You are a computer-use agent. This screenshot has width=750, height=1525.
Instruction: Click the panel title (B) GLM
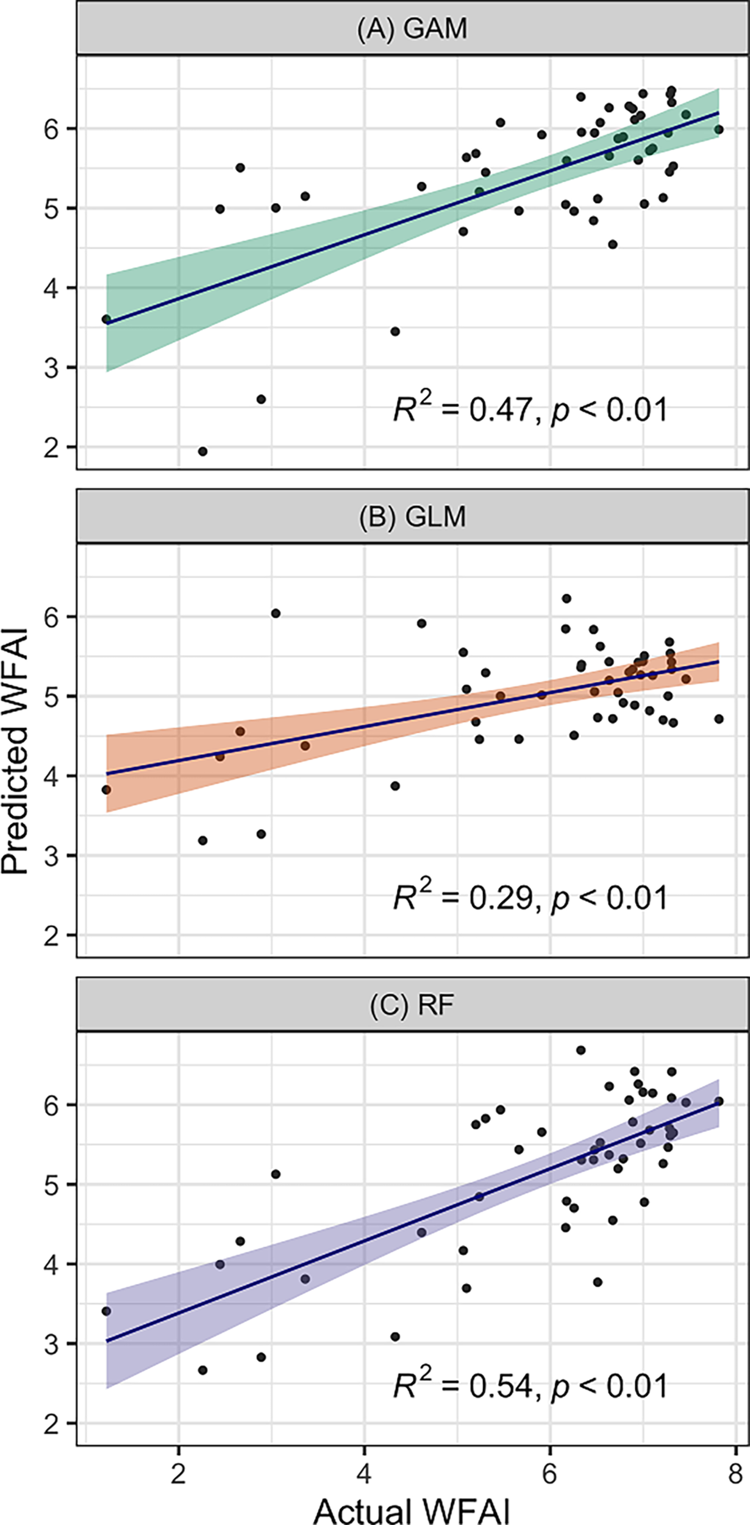(x=412, y=517)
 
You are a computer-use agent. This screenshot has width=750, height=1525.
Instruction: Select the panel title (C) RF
(x=412, y=1005)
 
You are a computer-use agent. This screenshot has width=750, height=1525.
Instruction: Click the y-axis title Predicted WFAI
(x=15, y=750)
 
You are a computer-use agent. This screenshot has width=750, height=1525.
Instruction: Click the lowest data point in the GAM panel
(x=203, y=451)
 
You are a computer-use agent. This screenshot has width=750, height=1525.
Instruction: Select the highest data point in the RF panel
(x=581, y=1050)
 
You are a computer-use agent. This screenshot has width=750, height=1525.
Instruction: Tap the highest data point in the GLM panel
(x=566, y=598)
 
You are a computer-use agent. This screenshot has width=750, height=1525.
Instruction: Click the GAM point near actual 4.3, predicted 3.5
(x=395, y=331)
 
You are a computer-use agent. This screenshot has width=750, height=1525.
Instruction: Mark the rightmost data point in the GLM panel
(x=719, y=719)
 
